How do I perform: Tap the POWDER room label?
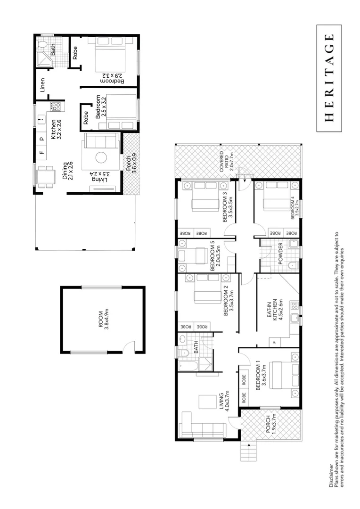280,253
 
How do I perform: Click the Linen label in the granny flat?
43,85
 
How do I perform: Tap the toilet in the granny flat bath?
42,45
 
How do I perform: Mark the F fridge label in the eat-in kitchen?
273,341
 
